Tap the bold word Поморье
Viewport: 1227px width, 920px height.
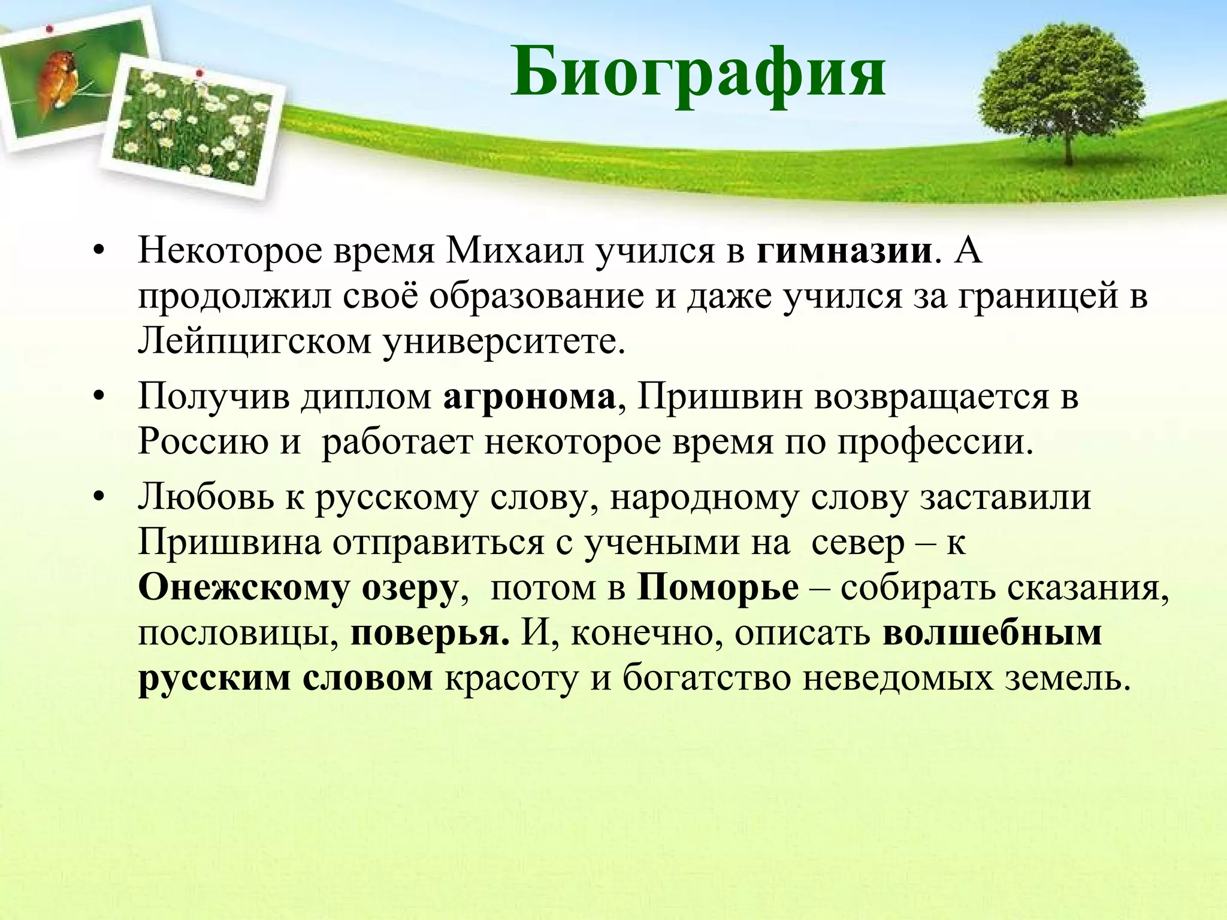point(718,588)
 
